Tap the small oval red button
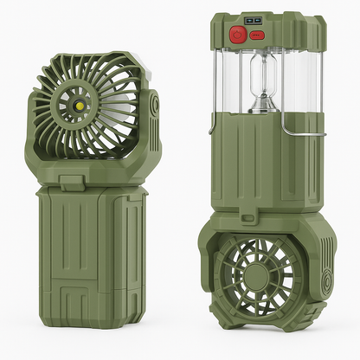pos(255,35)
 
